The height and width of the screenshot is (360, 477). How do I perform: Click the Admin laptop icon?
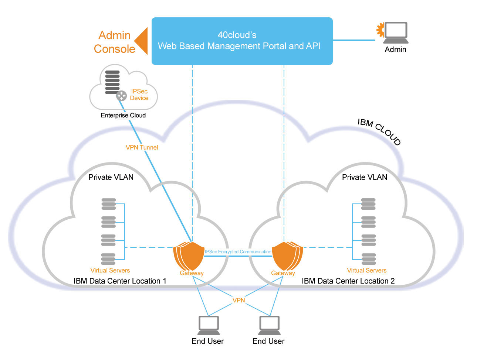click(x=396, y=32)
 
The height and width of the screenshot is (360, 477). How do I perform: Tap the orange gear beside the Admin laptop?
click(x=380, y=30)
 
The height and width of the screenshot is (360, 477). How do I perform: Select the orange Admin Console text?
click(x=114, y=42)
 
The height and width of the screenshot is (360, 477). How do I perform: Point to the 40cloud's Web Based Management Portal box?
click(x=242, y=41)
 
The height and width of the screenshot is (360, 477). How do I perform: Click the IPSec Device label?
click(x=139, y=95)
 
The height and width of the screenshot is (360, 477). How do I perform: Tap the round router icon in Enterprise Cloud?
click(x=121, y=96)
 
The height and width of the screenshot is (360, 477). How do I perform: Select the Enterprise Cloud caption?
click(x=123, y=115)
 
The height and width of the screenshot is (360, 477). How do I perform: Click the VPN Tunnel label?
click(x=142, y=147)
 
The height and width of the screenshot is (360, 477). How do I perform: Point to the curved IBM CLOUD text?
click(x=379, y=131)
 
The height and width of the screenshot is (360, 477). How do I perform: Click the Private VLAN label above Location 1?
click(x=111, y=177)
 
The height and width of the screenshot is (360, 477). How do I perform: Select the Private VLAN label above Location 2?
click(x=364, y=177)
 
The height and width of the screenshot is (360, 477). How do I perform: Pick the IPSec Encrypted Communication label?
click(x=238, y=252)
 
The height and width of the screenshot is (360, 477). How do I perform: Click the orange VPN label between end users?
click(x=238, y=300)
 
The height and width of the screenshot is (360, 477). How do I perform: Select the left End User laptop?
click(x=209, y=325)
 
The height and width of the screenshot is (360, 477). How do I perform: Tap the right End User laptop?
click(x=269, y=325)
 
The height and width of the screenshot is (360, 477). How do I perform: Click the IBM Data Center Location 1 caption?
click(x=120, y=281)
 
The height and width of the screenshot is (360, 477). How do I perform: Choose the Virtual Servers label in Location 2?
click(x=366, y=270)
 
